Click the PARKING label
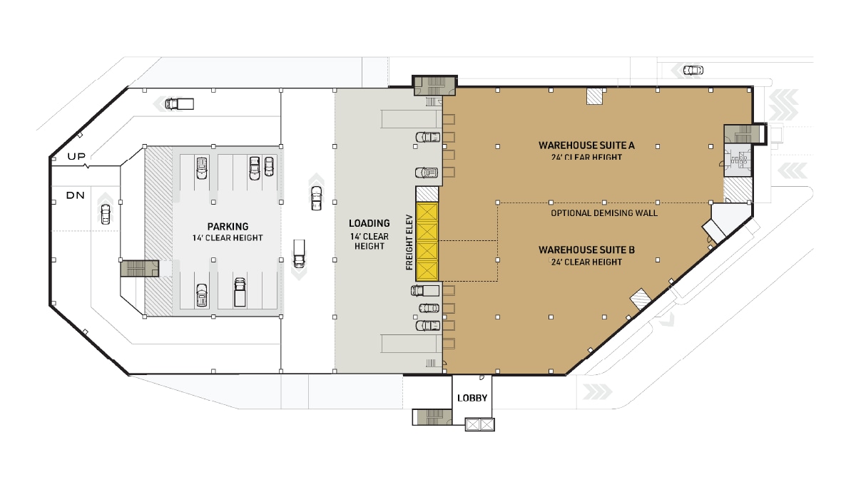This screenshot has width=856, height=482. click(x=228, y=227)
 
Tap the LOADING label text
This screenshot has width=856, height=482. click(x=369, y=223)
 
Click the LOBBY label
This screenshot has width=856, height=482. click(x=472, y=398)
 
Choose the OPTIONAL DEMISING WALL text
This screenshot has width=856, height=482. click(x=604, y=213)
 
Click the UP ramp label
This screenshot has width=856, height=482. click(x=76, y=156)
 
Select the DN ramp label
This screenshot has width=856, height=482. click(x=76, y=195)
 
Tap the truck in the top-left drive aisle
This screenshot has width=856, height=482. click(x=179, y=104)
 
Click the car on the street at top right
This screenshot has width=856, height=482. click(x=692, y=70)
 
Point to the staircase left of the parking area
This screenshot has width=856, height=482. click(x=138, y=268)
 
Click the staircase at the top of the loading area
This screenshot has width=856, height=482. click(x=435, y=86)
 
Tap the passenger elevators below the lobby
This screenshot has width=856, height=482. click(x=479, y=425)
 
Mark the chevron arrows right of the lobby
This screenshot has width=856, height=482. click(x=598, y=391)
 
